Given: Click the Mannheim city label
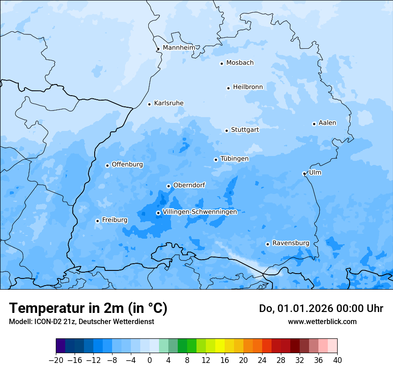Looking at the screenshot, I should (179, 48).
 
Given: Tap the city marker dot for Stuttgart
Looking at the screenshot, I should (226, 131).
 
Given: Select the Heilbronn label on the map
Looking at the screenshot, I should (248, 87).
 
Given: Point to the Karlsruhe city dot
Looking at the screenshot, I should (149, 104).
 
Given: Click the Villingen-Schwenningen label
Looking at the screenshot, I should (200, 212).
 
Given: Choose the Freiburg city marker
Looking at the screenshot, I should (97, 221).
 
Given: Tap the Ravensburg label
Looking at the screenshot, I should (290, 243).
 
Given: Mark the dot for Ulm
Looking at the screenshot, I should (304, 173).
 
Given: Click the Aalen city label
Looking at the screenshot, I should (327, 123).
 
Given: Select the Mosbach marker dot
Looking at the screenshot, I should (222, 63).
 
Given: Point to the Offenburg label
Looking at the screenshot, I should (127, 164).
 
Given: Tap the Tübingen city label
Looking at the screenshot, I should (234, 159).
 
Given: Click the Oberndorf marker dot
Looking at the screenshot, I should (168, 186).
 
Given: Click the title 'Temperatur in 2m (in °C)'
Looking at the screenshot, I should (88, 308).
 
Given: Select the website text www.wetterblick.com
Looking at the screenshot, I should (322, 321).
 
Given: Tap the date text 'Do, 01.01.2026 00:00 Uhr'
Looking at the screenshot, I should (321, 308).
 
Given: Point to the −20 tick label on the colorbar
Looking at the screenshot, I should (56, 360).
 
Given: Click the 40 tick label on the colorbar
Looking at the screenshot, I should (337, 360).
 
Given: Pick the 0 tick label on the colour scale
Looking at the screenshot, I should (150, 360).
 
